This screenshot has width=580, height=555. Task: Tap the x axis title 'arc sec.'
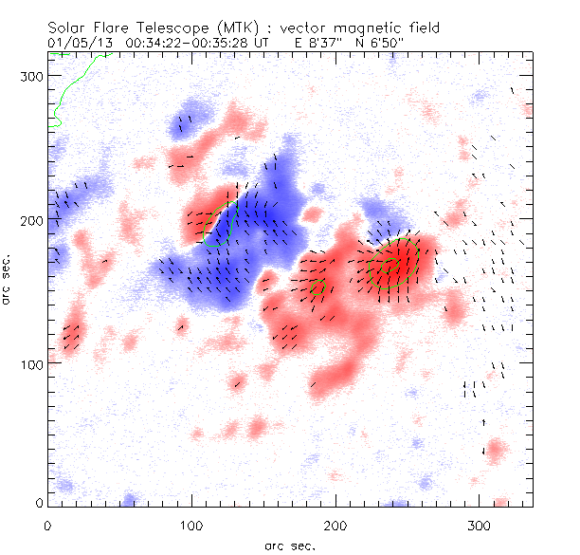click(x=289, y=545)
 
